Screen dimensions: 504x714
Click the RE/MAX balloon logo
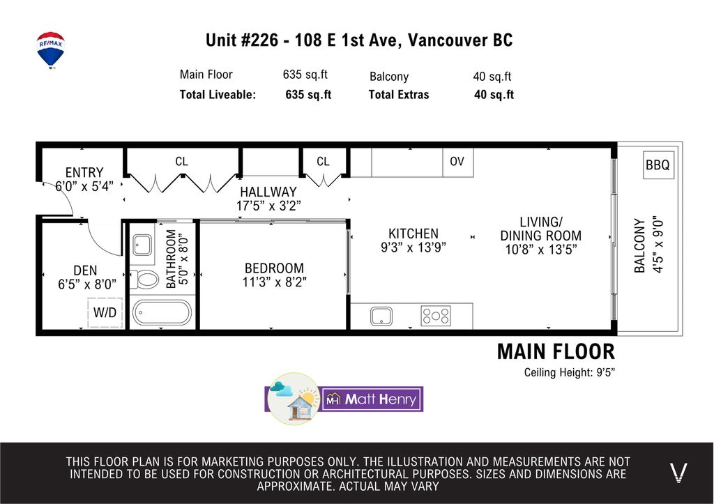tap(50, 49)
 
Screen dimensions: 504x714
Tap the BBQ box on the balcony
tap(657, 166)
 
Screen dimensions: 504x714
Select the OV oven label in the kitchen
tap(457, 162)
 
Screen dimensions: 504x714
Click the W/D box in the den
tap(105, 313)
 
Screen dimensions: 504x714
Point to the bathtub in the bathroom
tap(161, 313)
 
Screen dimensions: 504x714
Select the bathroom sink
tap(143, 245)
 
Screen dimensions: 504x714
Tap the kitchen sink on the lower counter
tap(381, 316)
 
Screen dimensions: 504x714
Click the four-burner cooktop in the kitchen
tap(436, 316)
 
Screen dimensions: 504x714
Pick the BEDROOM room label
tap(274, 268)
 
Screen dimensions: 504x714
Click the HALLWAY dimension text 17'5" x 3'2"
tap(268, 206)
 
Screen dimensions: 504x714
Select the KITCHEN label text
tap(413, 234)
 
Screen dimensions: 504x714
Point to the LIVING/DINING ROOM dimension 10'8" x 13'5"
tap(541, 249)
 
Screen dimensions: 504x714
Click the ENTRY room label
tap(84, 172)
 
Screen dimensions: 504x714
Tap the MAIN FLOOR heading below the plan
tap(556, 352)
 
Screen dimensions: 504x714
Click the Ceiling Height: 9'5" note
tap(570, 372)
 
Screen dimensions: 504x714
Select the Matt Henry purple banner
tap(372, 399)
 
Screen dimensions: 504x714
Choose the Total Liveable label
tap(218, 95)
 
